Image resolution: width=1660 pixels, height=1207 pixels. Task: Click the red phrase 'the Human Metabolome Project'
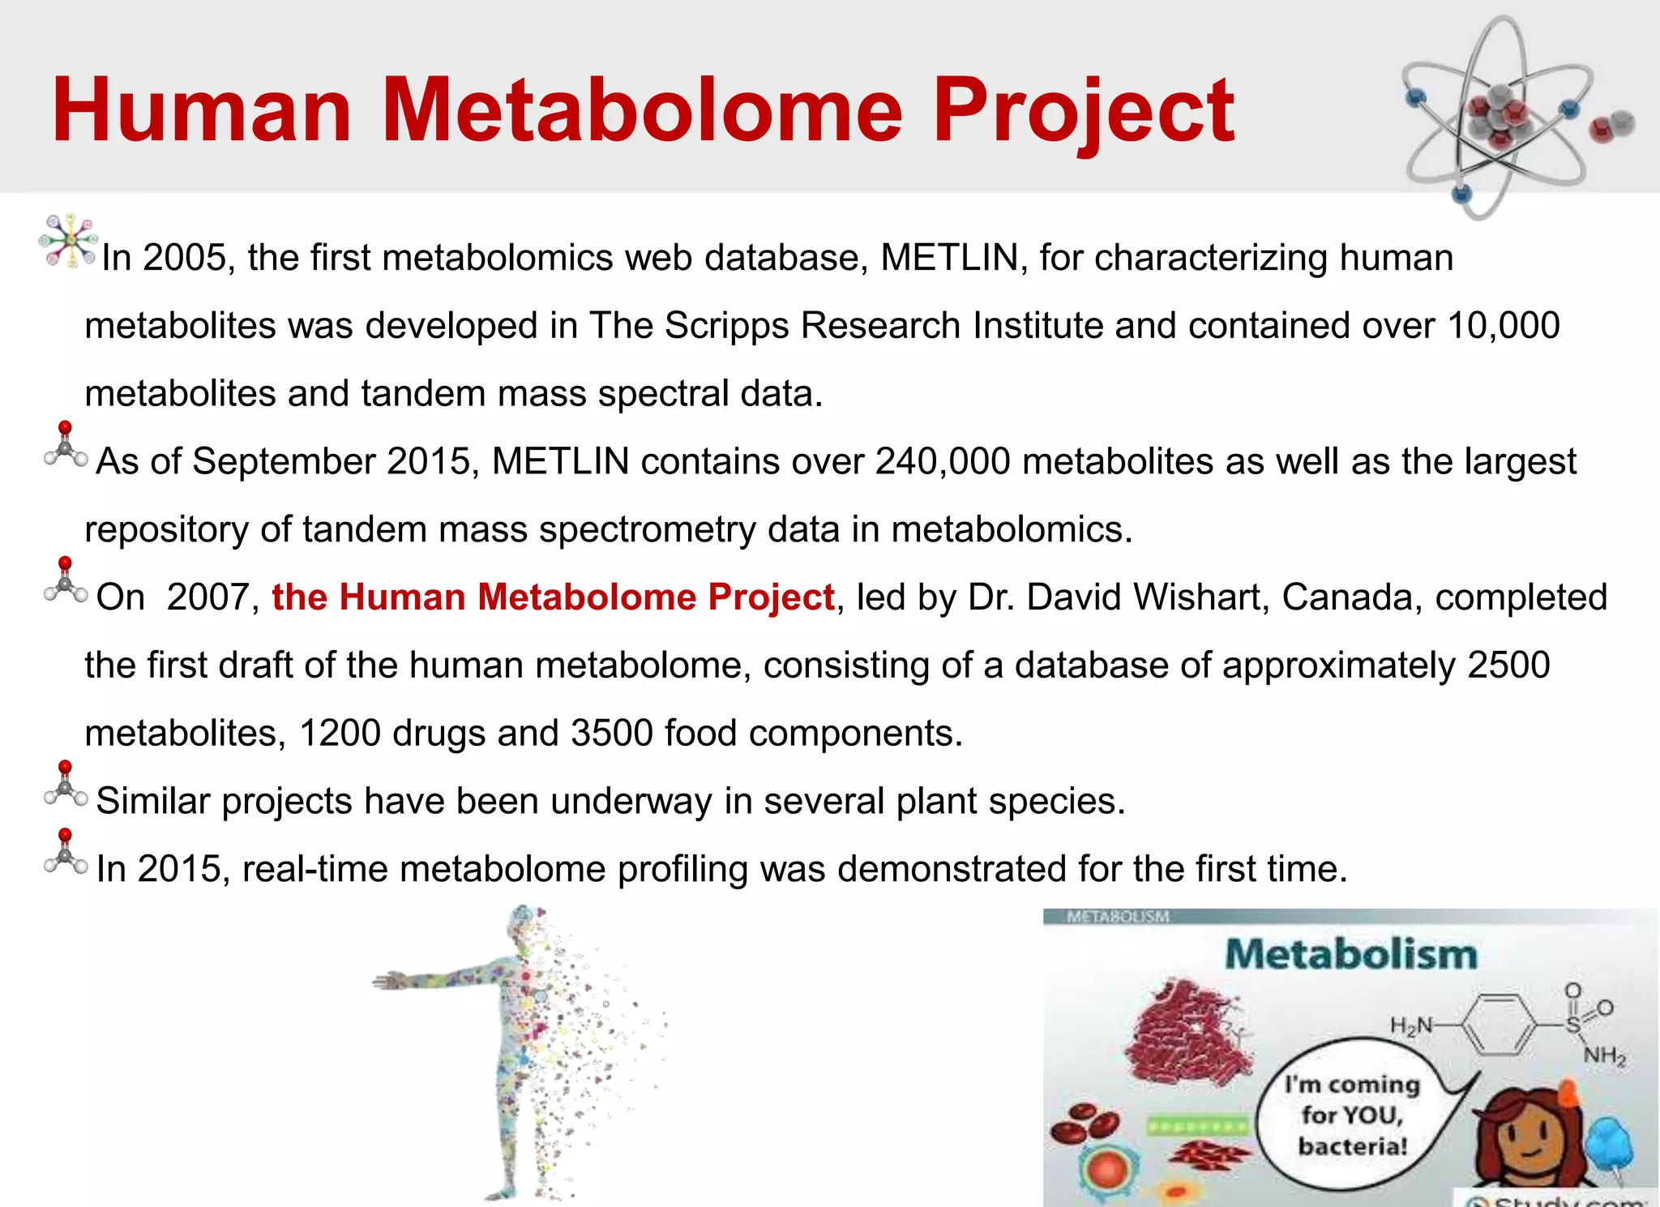coord(553,597)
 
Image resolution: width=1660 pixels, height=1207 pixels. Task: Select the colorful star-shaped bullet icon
coord(70,240)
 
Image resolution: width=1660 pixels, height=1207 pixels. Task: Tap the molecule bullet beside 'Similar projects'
coord(66,785)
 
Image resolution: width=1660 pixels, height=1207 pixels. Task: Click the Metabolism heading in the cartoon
coord(1351,954)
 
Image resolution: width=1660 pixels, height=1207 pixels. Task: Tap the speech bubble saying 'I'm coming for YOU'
coord(1351,1115)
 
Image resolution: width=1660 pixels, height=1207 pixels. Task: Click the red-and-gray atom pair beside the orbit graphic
coord(1611,127)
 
